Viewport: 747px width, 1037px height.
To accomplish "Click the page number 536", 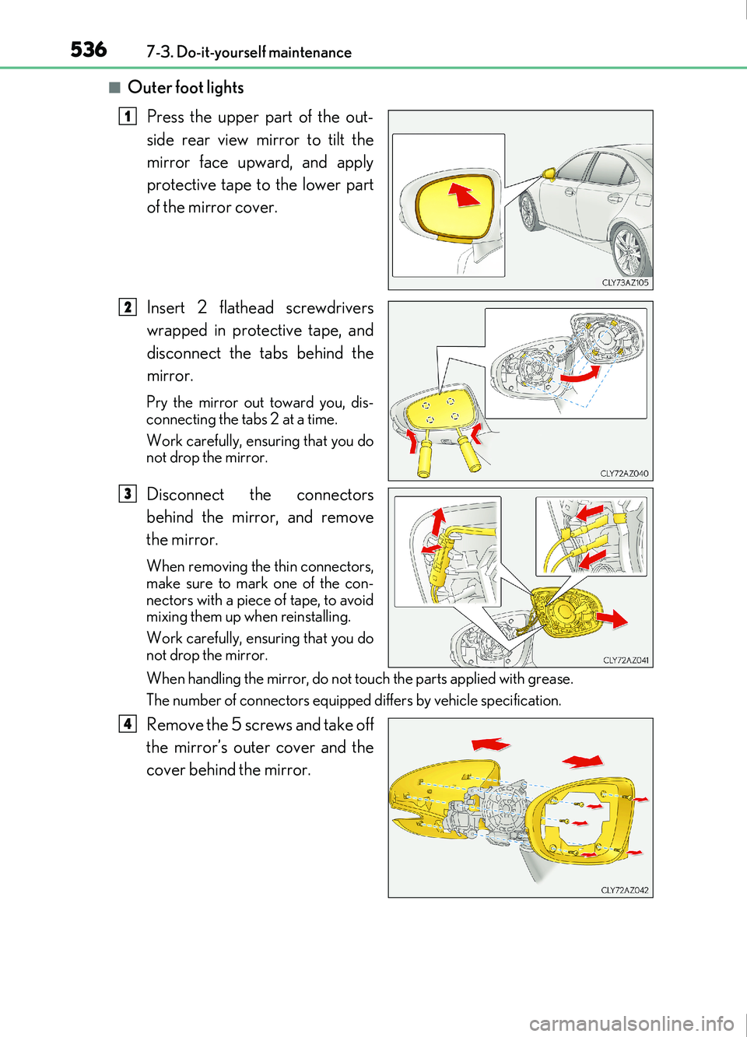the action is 89,50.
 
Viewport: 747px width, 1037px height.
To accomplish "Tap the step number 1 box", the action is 128,116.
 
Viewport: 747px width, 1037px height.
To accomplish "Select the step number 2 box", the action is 128,307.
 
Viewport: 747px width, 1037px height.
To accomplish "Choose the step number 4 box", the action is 128,723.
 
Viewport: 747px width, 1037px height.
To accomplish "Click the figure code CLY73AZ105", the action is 625,282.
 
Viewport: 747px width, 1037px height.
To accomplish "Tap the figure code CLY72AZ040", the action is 624,473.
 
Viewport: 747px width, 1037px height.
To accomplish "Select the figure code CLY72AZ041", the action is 626,660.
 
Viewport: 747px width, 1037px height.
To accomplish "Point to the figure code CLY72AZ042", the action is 624,890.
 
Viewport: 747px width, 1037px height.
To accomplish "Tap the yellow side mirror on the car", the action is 549,173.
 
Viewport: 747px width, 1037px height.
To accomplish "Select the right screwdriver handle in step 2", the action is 471,457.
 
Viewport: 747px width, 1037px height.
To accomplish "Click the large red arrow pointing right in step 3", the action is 612,618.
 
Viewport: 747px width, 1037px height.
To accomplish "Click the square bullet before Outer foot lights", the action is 114,87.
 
